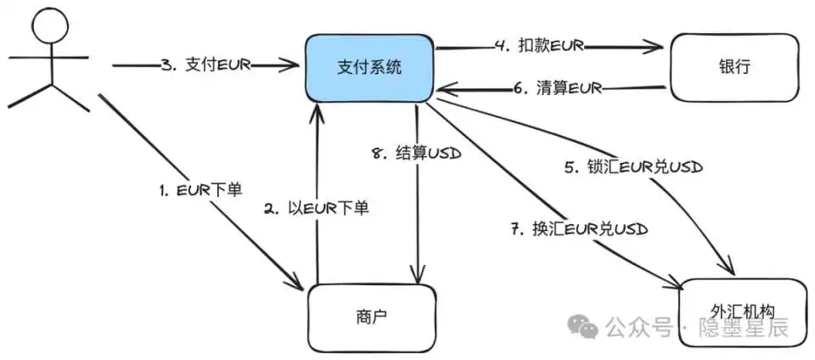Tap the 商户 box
click(x=371, y=316)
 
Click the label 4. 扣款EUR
click(x=540, y=45)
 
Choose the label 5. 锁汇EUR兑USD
click(x=636, y=167)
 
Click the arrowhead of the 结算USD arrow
click(x=417, y=275)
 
